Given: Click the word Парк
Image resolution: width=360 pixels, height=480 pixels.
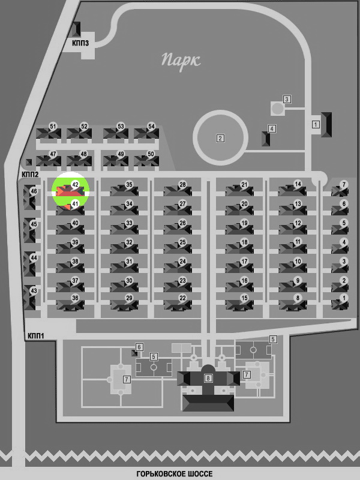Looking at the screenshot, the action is coord(181,61).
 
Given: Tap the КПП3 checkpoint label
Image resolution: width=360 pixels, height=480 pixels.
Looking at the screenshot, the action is coord(80,43).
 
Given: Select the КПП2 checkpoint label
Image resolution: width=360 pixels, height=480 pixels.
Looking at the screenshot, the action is coord(30,175).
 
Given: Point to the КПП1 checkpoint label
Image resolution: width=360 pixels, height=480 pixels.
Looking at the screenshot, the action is coord(36,336).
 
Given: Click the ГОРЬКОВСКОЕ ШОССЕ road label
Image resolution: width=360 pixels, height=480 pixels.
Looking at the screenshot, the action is coord(175,474).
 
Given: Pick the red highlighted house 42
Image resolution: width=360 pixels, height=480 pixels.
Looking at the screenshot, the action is coord(70,191).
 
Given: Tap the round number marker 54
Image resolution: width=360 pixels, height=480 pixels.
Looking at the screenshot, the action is coord(151,126).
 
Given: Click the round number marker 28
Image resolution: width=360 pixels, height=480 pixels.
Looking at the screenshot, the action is coord(182,185).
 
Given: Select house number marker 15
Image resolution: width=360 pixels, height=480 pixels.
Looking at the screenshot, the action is coord(244,298).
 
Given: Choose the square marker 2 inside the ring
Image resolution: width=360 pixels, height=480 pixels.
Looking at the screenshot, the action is coord(220,139).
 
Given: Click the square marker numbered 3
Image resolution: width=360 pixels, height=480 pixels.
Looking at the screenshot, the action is coord(287,99).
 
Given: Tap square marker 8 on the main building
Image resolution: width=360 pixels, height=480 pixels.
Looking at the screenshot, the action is coord(208,378).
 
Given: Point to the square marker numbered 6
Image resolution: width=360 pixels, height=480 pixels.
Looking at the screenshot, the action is coord(139,347).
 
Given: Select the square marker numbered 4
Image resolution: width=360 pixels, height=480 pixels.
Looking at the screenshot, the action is coord(272,128).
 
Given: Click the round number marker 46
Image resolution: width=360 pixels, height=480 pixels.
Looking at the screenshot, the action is coord(34,191).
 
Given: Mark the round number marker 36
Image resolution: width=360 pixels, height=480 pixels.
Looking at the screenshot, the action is coord(75,298).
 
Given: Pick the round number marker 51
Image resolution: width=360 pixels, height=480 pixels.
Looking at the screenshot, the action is coord(53,126).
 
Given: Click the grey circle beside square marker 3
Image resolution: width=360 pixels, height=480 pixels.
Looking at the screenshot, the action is coord(278,109).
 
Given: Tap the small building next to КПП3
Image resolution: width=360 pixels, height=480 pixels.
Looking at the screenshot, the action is coord(76,29).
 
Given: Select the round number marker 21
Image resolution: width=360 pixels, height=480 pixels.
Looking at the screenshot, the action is coord(244,185).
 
